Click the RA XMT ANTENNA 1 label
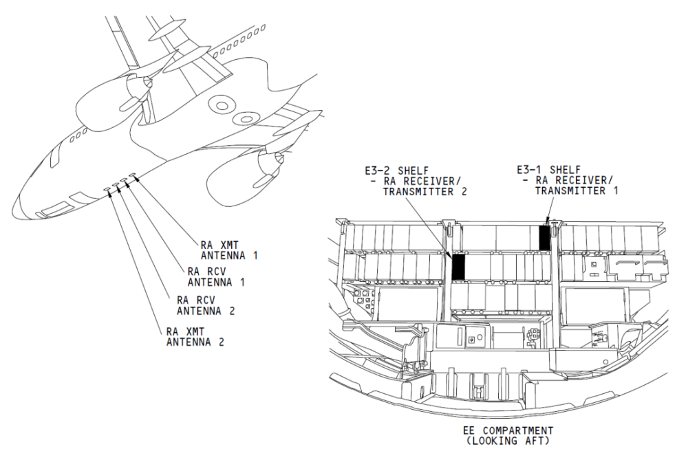229,250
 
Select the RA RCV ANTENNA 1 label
216,276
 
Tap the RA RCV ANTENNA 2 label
206,305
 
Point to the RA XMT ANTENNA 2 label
195,337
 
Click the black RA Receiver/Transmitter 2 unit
458,267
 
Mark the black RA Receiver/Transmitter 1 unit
544,239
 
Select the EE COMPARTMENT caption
508,430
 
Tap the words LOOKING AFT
508,441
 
